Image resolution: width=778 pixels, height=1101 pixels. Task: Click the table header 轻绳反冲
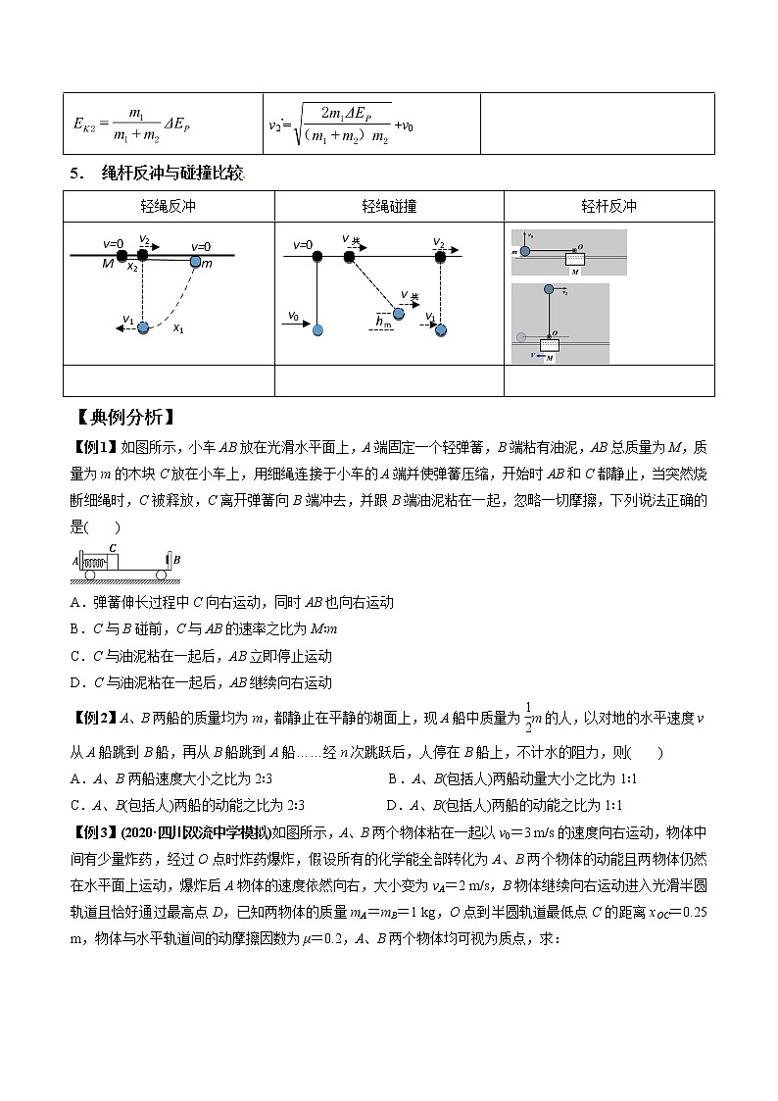click(x=168, y=207)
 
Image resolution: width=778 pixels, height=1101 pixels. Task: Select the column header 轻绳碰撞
click(x=389, y=207)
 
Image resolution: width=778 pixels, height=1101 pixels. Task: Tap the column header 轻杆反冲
click(x=608, y=207)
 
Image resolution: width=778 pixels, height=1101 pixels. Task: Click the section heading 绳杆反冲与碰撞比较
click(x=171, y=174)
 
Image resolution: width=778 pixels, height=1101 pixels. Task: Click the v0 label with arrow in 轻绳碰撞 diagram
click(x=294, y=317)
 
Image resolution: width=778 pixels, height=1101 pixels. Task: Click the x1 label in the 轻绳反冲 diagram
click(x=178, y=329)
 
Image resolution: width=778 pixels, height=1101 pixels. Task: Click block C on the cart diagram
click(x=113, y=561)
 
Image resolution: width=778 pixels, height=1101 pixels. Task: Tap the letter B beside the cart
click(x=177, y=560)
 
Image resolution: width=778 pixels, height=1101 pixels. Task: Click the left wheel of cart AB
click(x=90, y=575)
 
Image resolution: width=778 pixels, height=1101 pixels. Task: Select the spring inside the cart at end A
click(x=93, y=563)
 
